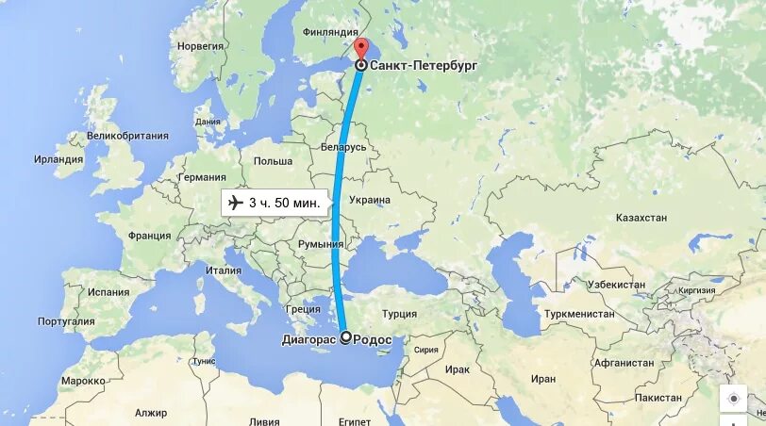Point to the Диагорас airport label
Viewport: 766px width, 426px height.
310,339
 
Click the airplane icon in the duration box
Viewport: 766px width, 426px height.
236,203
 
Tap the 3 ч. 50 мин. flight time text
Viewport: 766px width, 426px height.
284,203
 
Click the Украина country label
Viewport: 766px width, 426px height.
370,200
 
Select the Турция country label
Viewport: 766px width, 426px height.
398,315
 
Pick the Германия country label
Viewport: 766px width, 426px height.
202,177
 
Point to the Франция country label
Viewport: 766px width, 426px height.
149,236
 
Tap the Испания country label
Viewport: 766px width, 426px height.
108,292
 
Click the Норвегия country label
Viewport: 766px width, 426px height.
200,45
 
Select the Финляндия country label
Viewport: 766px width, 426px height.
330,32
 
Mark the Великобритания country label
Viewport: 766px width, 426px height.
127,136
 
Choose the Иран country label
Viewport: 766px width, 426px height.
543,379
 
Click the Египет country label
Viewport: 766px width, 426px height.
355,420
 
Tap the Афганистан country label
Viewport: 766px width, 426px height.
623,363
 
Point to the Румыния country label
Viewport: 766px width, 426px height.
321,244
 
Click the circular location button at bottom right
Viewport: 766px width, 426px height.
733,399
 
